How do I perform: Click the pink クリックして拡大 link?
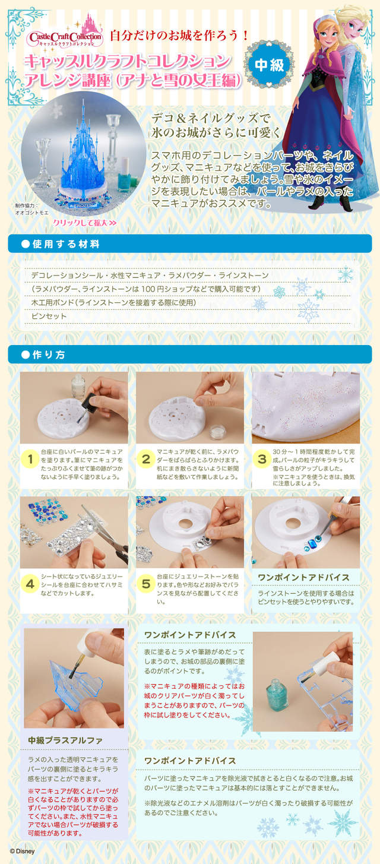click(85, 223)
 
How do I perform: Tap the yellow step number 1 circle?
click(30, 459)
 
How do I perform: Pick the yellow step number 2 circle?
click(146, 459)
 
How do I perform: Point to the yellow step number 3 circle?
click(262, 459)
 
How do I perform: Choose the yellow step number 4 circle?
click(30, 584)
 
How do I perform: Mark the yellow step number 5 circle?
click(146, 584)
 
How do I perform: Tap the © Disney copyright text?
click(23, 852)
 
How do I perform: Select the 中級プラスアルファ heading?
click(65, 740)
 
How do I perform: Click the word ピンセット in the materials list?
click(49, 317)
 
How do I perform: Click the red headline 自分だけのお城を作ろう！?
click(179, 36)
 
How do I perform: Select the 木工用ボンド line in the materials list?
click(113, 303)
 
